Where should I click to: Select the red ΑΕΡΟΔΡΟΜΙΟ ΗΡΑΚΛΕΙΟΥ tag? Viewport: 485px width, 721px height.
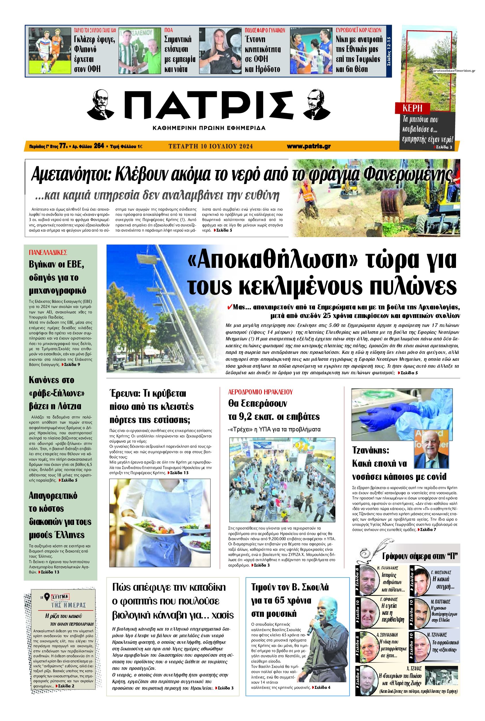tap(260, 392)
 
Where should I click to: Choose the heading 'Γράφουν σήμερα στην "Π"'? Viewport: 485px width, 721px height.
tap(420, 556)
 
